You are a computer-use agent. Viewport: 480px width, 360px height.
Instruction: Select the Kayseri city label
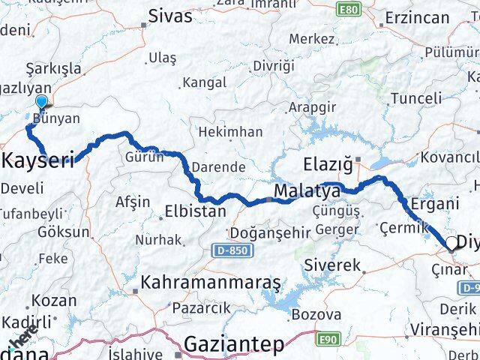coord(40,160)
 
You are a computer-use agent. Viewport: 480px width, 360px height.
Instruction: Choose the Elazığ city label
coord(328,163)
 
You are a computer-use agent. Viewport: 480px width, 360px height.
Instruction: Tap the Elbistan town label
coord(194,211)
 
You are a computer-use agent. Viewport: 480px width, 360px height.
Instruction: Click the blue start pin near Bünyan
coord(40,103)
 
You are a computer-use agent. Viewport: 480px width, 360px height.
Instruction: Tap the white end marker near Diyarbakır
coord(452,243)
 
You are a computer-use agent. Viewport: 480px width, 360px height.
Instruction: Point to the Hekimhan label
coord(230,132)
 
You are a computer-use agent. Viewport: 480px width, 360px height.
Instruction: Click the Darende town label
coord(214,166)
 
